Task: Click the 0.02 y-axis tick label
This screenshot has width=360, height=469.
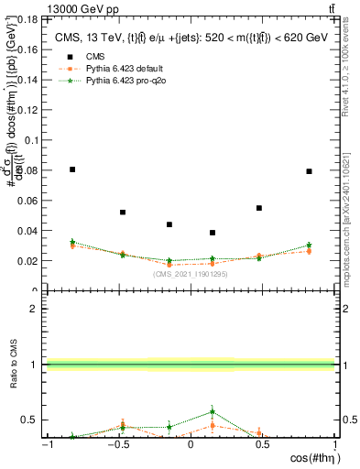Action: click(x=27, y=260)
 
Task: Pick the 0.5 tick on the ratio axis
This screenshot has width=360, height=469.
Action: click(x=30, y=420)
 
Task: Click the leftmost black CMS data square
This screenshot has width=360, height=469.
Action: click(x=72, y=169)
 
